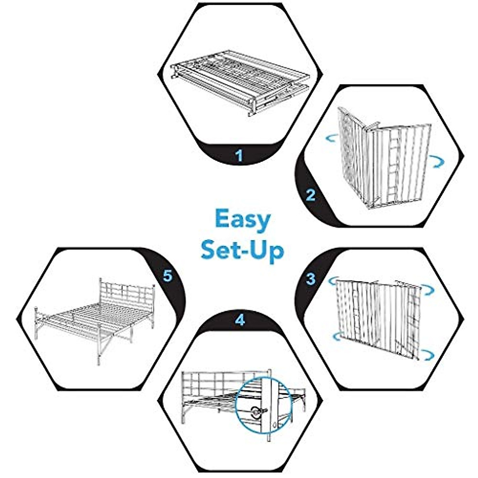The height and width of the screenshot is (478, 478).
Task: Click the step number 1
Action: tap(239, 155)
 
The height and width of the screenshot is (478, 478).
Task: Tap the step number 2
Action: tap(310, 195)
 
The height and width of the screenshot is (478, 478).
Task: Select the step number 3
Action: tap(311, 278)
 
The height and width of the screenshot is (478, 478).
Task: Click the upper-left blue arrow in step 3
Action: tap(333, 282)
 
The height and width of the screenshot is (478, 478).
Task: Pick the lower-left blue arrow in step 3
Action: tap(337, 337)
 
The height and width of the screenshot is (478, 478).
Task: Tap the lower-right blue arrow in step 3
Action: tap(429, 354)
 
